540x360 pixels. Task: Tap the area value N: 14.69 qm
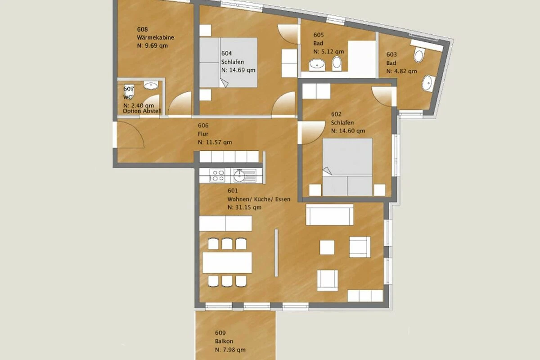tap(238, 70)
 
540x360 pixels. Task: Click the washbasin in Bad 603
tap(428, 83)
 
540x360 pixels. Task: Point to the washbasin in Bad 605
tap(317, 65)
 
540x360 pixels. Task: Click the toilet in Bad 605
tap(337, 63)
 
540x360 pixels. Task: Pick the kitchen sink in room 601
tap(244, 175)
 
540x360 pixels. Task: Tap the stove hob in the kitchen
tap(217, 175)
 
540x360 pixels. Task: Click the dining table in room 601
tap(227, 263)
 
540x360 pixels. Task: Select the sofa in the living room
tap(330, 215)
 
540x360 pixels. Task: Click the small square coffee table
tap(327, 247)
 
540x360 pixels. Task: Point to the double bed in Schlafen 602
tap(347, 167)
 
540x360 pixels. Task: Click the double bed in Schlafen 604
tap(228, 63)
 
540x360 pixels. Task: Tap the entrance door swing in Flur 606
tap(130, 135)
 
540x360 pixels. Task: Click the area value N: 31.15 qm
tap(244, 207)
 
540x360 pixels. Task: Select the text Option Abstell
tap(142, 111)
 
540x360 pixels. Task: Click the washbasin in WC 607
tap(151, 85)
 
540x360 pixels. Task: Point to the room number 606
tap(203, 126)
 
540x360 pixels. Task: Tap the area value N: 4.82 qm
tap(401, 72)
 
